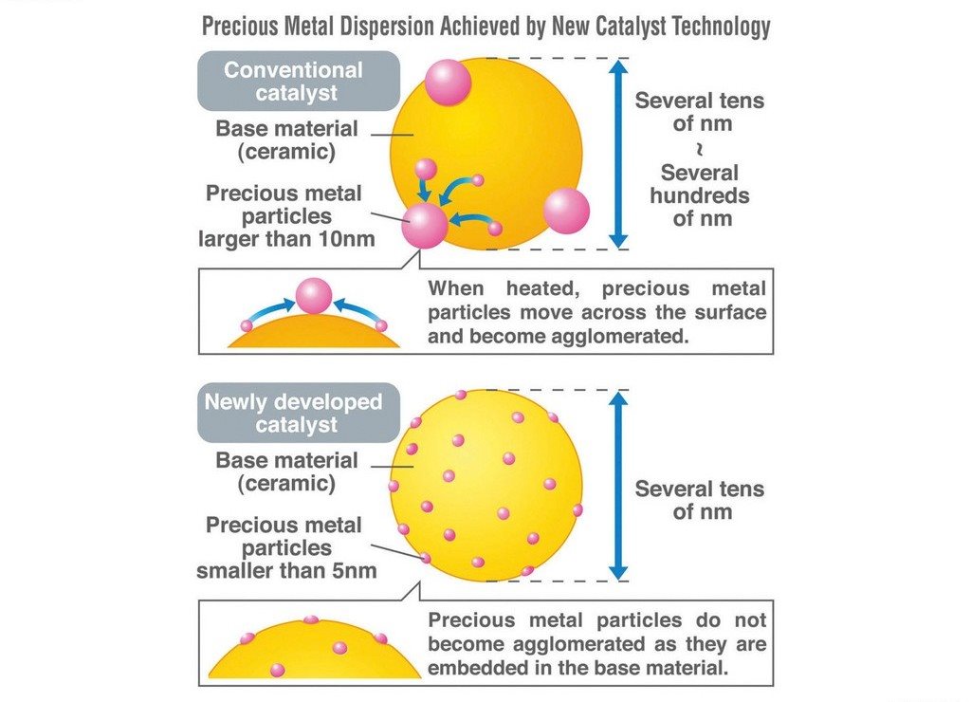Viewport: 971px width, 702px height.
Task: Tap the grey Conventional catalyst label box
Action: coord(299,81)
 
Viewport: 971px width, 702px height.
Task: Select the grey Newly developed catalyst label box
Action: coord(299,413)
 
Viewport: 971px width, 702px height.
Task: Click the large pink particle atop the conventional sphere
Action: coord(448,83)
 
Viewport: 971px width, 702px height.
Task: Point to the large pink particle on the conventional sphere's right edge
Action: coord(567,211)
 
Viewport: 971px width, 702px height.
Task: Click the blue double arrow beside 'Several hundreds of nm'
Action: coord(618,154)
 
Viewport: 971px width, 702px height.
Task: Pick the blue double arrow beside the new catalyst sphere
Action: coord(618,486)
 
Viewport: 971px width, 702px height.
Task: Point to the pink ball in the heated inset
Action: coord(313,296)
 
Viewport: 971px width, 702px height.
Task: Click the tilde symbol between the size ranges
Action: coord(700,149)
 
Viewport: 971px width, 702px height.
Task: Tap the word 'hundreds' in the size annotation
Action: coord(700,195)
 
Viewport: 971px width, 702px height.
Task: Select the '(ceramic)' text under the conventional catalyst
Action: coord(286,152)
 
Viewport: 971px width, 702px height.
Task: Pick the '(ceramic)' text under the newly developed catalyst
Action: coord(286,483)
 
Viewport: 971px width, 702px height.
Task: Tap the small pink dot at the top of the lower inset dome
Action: coord(311,619)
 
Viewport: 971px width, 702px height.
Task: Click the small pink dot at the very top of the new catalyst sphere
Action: coord(461,395)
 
